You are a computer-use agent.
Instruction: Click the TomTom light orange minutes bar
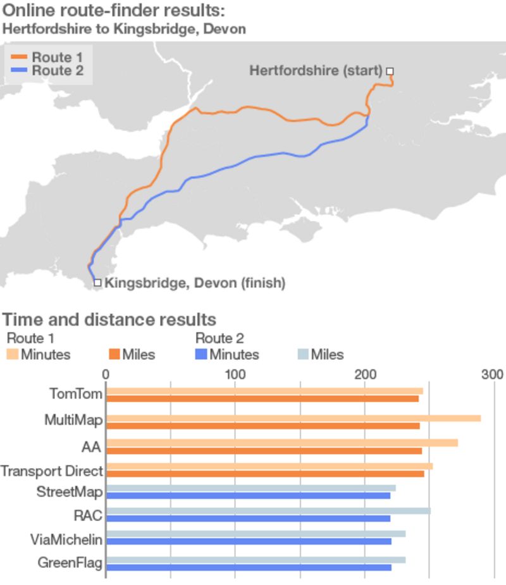pyautogui.click(x=264, y=391)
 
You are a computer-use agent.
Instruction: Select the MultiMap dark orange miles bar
pyautogui.click(x=262, y=426)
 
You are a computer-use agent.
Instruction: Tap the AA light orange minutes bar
pyautogui.click(x=281, y=443)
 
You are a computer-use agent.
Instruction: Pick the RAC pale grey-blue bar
pyautogui.click(x=268, y=510)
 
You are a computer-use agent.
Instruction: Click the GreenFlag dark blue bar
pyautogui.click(x=248, y=567)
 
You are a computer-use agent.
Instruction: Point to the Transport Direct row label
pyautogui.click(x=51, y=471)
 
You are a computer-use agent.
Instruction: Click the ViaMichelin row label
pyautogui.click(x=66, y=539)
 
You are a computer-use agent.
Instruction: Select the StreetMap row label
pyautogui.click(x=70, y=491)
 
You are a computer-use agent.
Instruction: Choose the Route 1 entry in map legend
pyautogui.click(x=47, y=58)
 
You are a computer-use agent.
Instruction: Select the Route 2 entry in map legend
pyautogui.click(x=47, y=70)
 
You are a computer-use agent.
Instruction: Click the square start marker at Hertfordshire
pyautogui.click(x=390, y=71)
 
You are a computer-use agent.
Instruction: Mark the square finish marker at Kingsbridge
pyautogui.click(x=97, y=283)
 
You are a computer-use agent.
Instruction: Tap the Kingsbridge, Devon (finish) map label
pyautogui.click(x=194, y=283)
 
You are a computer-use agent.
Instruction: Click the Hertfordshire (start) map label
pyautogui.click(x=316, y=70)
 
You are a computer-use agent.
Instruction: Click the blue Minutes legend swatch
pyautogui.click(x=202, y=355)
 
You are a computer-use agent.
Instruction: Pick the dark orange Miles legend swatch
pyautogui.click(x=114, y=355)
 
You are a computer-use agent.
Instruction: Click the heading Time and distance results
pyautogui.click(x=109, y=319)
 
